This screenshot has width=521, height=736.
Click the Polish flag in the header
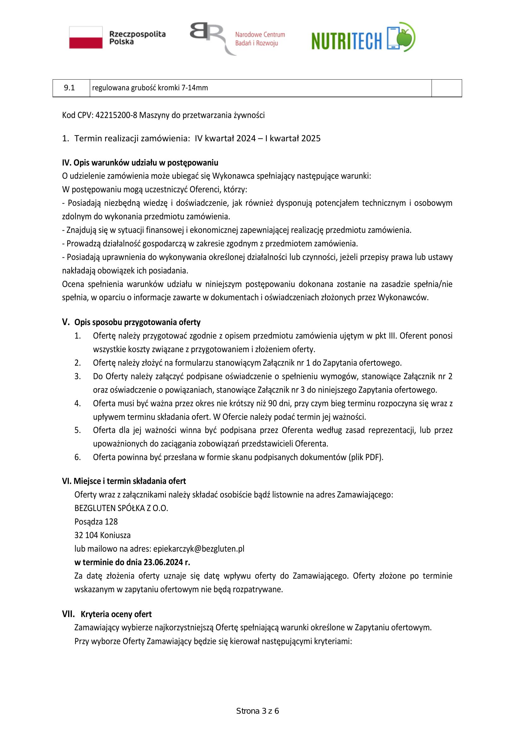point(86,37)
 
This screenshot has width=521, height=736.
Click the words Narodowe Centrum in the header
point(260,35)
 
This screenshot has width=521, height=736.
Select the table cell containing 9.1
point(70,88)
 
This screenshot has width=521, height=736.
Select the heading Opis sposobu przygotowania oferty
point(137,322)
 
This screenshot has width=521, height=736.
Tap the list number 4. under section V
point(77,403)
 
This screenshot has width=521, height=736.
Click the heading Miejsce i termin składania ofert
point(129,481)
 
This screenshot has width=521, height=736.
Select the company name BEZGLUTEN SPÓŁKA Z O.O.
point(121,508)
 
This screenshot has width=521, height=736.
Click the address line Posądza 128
point(96,521)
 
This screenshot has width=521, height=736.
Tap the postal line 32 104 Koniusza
point(102,535)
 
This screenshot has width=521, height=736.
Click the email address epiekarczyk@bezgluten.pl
point(198,549)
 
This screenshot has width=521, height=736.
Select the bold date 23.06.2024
point(163,562)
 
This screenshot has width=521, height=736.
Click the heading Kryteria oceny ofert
point(116,614)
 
